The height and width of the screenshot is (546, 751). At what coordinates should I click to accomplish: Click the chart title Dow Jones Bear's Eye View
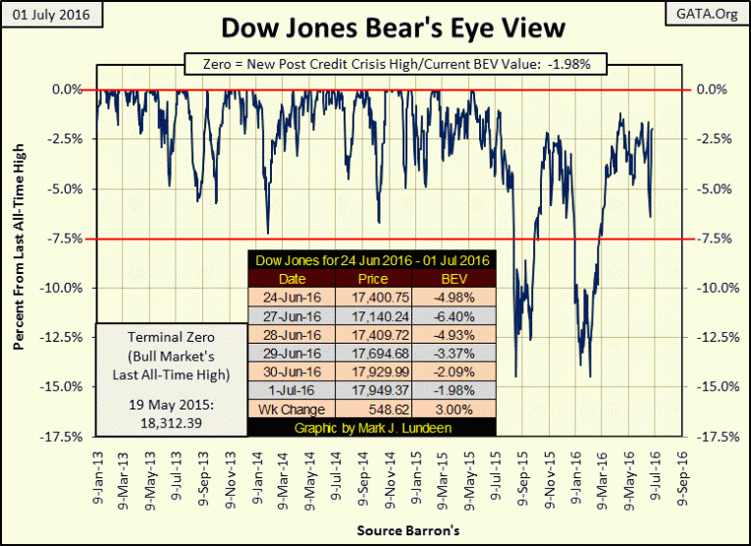coord(376,27)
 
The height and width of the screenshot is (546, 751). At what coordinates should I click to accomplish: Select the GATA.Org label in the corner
coord(704,14)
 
